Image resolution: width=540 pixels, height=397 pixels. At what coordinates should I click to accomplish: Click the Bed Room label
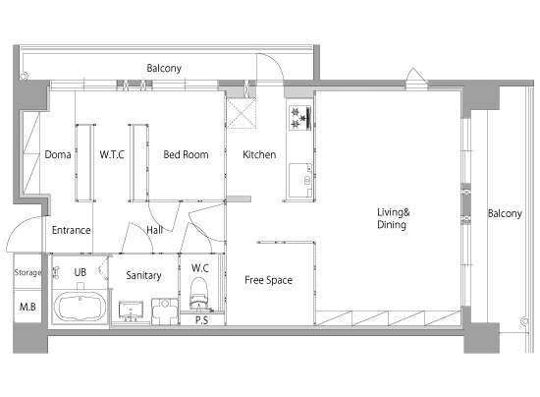(186, 154)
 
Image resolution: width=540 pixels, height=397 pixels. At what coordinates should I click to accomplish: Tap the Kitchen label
(259, 154)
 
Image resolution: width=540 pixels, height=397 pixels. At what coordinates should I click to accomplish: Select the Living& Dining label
(394, 218)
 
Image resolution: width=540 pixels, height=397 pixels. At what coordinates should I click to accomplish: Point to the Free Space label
(269, 280)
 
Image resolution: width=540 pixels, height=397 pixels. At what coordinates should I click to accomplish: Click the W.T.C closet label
(112, 154)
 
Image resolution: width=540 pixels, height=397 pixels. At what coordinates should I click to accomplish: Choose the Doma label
(58, 154)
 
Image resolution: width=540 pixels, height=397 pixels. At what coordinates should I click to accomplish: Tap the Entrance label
(72, 230)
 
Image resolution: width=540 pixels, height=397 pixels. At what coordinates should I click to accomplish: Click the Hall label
(154, 230)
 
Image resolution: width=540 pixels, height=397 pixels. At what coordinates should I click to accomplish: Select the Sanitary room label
(143, 275)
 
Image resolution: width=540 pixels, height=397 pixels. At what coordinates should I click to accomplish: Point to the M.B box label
(27, 307)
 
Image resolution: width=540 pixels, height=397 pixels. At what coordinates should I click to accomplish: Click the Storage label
(27, 272)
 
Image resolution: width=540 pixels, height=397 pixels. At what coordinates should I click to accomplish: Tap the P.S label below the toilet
(202, 320)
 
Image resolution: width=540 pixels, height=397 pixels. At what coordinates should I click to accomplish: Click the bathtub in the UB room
(81, 307)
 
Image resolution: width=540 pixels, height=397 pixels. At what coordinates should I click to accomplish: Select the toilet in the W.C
(198, 294)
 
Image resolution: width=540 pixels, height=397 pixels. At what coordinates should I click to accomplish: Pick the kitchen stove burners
(300, 118)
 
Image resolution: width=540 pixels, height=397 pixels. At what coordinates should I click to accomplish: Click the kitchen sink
(300, 180)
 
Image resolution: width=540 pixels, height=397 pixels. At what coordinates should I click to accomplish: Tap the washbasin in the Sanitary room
(131, 311)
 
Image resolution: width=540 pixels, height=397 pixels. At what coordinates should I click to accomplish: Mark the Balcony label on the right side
(505, 213)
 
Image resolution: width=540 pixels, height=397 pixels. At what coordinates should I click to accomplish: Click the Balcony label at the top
(164, 68)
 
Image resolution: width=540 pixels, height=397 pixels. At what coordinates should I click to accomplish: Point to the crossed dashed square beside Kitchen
(242, 113)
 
